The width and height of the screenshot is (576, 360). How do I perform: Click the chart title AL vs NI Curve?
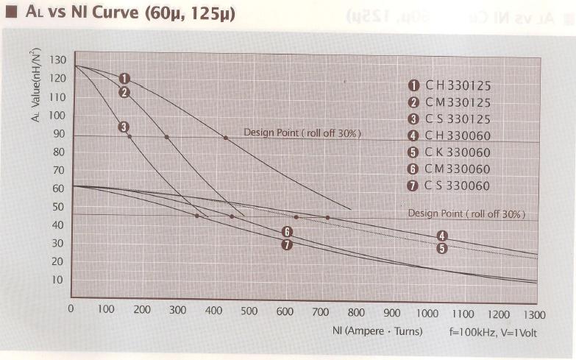click(125, 13)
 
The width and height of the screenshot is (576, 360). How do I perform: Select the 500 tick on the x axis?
click(249, 311)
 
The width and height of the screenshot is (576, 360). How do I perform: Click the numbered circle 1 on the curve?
click(124, 78)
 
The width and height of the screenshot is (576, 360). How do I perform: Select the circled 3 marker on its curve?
click(123, 127)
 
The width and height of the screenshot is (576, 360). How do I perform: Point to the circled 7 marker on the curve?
click(288, 244)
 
